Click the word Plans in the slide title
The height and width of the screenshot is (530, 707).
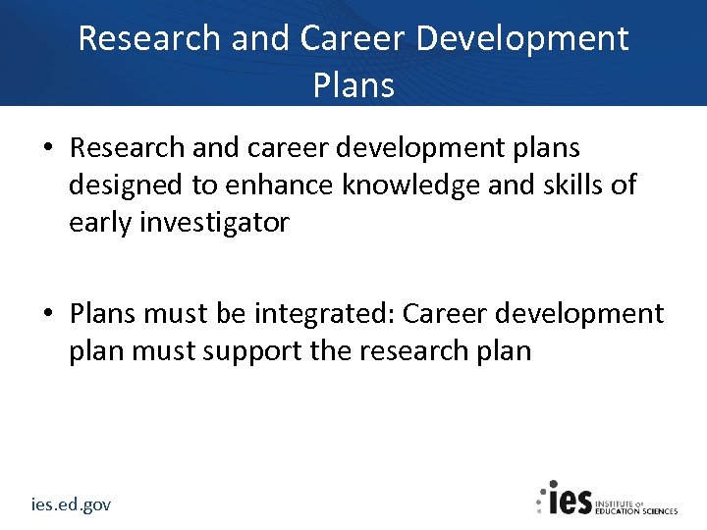point(353,85)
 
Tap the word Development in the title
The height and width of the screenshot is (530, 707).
point(523,38)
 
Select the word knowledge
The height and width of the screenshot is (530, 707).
point(411,185)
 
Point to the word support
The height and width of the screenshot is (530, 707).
point(254,351)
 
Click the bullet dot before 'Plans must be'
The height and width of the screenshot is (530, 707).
point(48,315)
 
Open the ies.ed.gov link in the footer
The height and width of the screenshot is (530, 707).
point(71,504)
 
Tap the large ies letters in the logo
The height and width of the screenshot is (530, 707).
point(570,499)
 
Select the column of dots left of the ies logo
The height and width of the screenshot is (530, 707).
point(540,499)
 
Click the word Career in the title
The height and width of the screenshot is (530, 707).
point(353,38)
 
